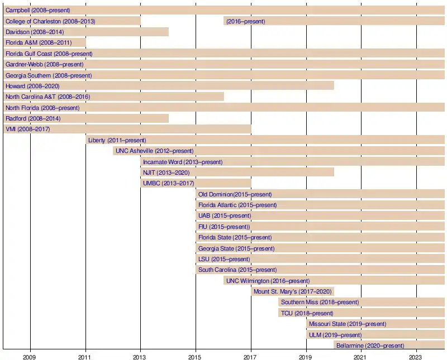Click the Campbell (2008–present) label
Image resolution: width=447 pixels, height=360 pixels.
[37, 11]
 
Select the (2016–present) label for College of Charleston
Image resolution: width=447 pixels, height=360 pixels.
[246, 21]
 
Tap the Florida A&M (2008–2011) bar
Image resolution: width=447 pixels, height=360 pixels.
[45, 43]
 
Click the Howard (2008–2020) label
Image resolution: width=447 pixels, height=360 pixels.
[32, 86]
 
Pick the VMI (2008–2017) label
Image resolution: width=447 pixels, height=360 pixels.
[28, 129]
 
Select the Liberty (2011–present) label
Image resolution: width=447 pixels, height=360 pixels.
[117, 140]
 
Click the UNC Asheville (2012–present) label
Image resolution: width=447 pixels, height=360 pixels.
[154, 151]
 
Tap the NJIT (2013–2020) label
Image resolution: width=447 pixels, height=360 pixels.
[166, 172]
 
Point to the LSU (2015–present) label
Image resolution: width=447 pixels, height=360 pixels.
[224, 259]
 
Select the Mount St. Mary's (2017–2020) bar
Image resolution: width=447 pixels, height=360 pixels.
[293, 291]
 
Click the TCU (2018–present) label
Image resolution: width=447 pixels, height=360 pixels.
[307, 313]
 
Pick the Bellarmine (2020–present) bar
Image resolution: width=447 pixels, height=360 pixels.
[389, 345]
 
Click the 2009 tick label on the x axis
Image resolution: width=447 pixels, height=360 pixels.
[30, 356]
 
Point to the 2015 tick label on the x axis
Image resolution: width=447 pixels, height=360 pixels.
[196, 356]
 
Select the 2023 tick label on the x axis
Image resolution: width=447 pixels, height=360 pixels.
[416, 356]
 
